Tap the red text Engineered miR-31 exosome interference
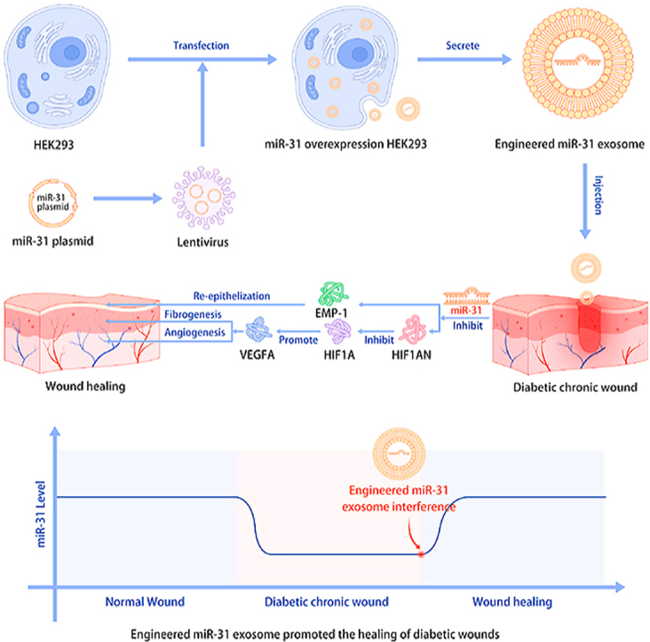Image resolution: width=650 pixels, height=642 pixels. click(x=402, y=499)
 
